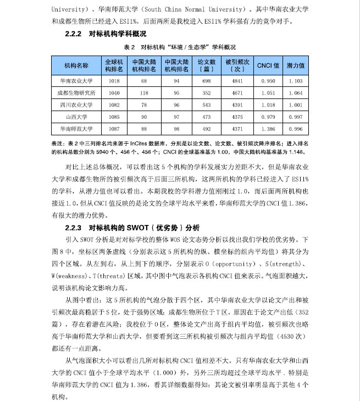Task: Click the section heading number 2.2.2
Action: click(74, 34)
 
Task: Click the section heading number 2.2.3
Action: click(74, 227)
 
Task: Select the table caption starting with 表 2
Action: click(180, 48)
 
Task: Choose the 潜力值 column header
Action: click(295, 65)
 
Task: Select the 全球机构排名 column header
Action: click(114, 65)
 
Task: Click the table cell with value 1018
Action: click(114, 81)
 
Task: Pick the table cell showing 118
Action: click(145, 92)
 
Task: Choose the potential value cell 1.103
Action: click(295, 81)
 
